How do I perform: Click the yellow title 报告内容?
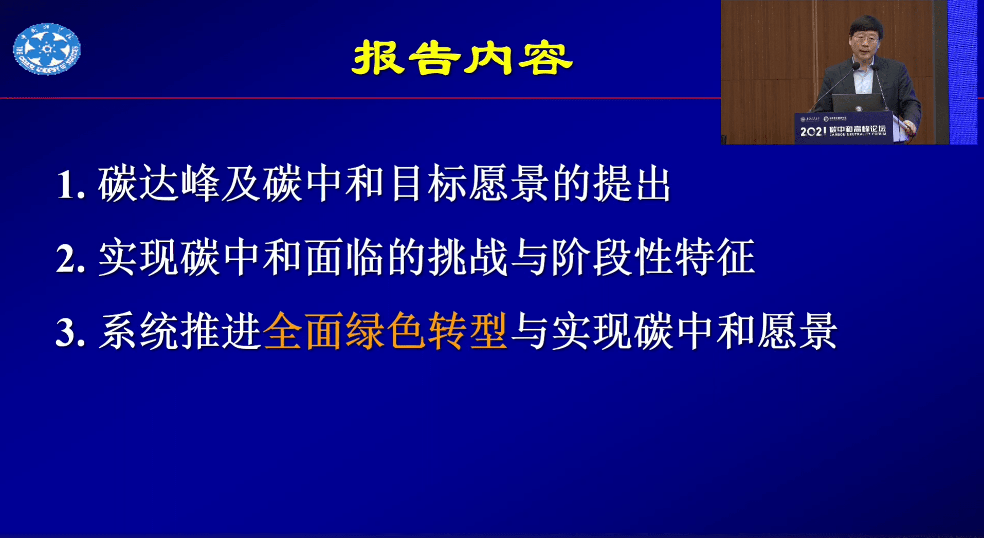coord(462,58)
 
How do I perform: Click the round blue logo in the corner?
coord(47,49)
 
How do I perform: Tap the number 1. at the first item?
coord(70,185)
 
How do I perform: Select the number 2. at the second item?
coord(70,259)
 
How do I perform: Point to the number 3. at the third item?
coord(70,332)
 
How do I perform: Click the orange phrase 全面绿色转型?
coord(385,332)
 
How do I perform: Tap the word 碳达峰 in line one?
coord(159,184)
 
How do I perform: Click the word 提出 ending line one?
coord(632,184)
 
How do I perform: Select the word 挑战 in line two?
coord(468,257)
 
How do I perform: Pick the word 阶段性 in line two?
coord(612,257)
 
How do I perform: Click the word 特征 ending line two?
coord(715,257)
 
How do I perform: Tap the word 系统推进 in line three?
coord(180,332)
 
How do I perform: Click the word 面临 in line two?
coord(344,257)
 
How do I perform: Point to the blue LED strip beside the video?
coord(962,72)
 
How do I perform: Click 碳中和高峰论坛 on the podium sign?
coord(858,129)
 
